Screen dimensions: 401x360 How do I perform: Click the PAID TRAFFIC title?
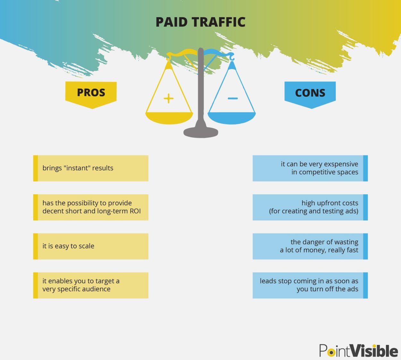(x=200, y=22)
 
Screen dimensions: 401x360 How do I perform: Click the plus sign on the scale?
(x=169, y=99)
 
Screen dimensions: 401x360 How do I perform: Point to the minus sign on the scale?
(x=233, y=99)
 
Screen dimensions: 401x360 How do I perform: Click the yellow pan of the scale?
(x=169, y=118)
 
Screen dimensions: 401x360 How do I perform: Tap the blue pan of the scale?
(x=232, y=118)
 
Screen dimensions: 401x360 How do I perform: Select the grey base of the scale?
(x=201, y=132)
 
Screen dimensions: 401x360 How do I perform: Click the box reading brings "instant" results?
(x=91, y=168)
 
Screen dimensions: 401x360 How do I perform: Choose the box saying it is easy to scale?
(x=91, y=246)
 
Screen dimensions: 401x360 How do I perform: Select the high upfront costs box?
(x=310, y=207)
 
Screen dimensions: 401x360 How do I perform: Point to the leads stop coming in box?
(x=310, y=285)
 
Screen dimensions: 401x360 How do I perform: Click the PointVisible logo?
(x=359, y=350)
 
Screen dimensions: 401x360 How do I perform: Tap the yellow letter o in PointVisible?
(x=331, y=353)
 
